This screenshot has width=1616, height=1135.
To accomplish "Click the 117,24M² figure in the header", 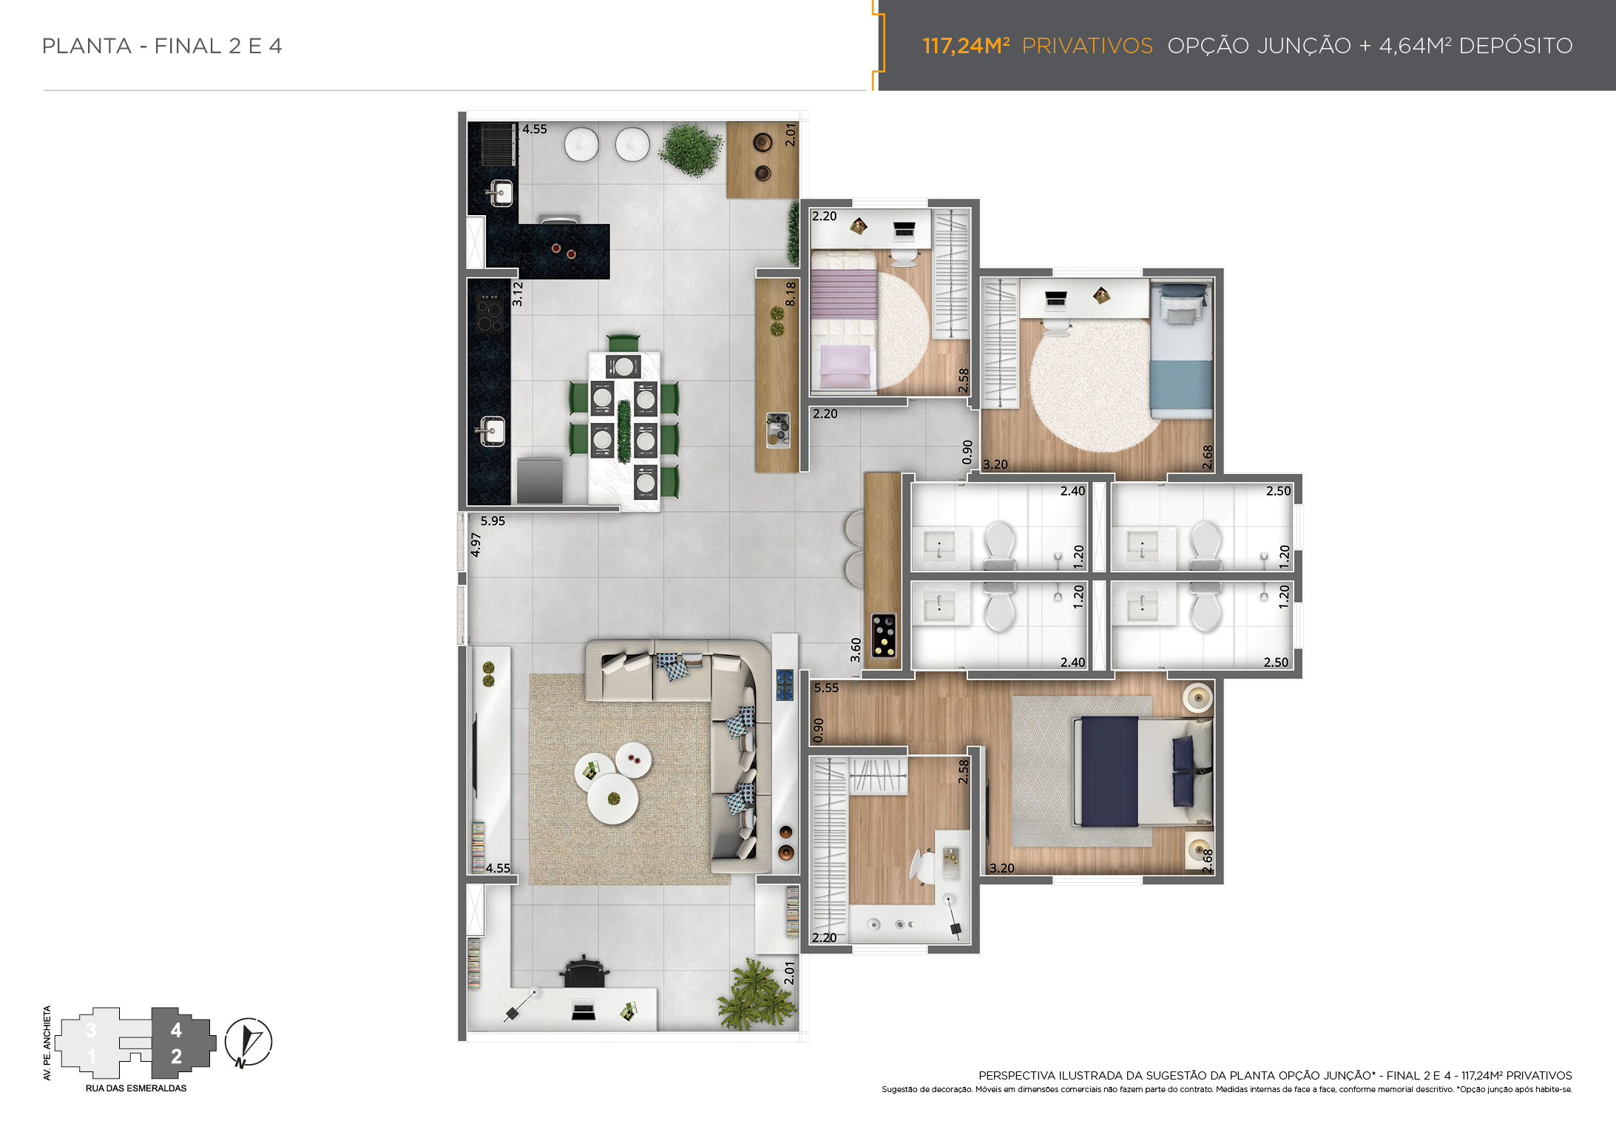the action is (966, 46).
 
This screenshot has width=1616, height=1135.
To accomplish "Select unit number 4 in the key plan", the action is (176, 1030).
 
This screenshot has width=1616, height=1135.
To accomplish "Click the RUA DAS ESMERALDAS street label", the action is (136, 1088).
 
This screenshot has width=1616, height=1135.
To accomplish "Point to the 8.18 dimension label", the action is (791, 294).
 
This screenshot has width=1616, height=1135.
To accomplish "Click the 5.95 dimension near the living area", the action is (493, 521).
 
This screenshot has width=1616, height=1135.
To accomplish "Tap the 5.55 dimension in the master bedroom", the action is (826, 688).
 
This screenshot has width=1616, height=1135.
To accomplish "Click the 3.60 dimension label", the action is (856, 650).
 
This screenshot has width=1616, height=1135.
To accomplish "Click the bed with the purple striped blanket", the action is (844, 320).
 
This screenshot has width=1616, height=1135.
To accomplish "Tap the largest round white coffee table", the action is (612, 799).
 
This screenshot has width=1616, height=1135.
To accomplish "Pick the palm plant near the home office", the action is (756, 995).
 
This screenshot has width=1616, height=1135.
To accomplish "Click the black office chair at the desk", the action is (584, 972).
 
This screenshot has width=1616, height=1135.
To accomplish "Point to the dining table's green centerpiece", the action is (624, 432).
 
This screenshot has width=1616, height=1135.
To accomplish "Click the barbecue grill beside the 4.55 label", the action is (498, 144).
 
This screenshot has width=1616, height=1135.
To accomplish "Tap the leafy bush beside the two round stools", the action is (691, 150).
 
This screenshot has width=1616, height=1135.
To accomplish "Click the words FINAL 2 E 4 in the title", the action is (218, 46).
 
